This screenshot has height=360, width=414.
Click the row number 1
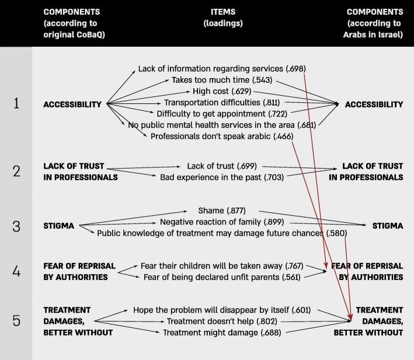click(16, 103)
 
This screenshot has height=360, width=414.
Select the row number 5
click(16, 320)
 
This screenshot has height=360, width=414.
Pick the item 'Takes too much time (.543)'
click(222, 80)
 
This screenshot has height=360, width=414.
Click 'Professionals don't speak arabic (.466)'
click(222, 135)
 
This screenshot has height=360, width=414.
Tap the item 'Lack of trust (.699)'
click(222, 166)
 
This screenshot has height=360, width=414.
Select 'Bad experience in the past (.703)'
click(222, 177)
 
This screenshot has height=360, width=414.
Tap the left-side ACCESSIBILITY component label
click(72, 104)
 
